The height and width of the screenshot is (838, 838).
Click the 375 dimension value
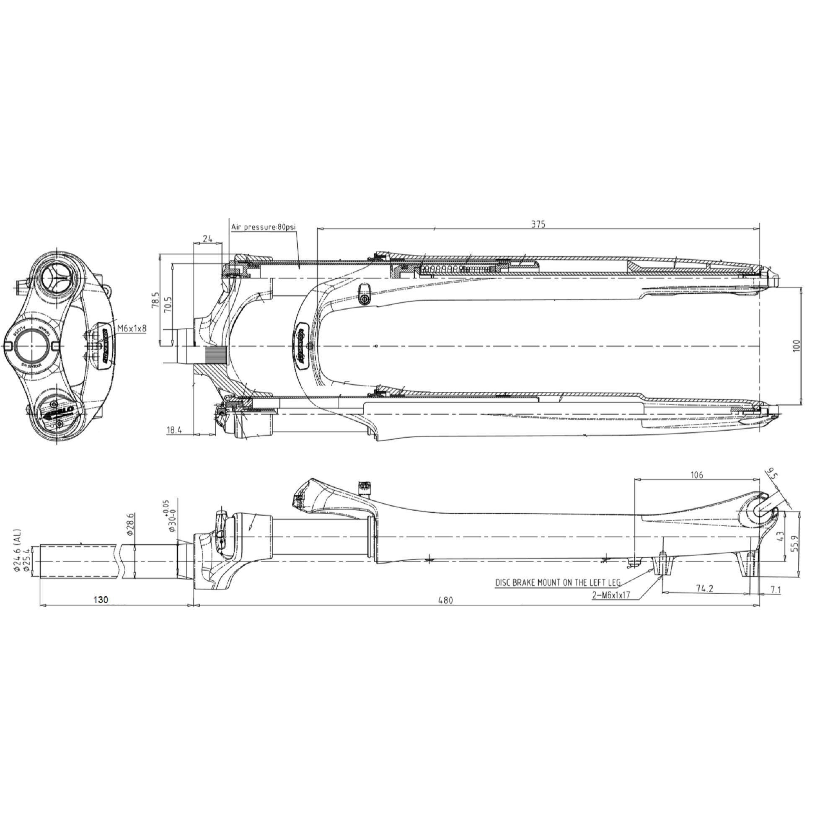click(538, 224)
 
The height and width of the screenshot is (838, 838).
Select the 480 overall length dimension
click(445, 600)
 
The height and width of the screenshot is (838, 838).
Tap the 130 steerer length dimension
click(100, 600)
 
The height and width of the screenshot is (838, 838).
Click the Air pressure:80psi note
click(263, 227)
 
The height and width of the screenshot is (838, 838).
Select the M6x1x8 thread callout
click(132, 328)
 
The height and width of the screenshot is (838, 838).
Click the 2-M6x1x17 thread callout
click(611, 595)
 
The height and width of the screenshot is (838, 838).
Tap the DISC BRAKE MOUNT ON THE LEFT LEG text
click(558, 582)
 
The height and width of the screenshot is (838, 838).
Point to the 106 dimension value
click(697, 475)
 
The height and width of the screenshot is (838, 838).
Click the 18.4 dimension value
click(174, 430)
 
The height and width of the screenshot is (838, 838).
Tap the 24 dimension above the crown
click(208, 238)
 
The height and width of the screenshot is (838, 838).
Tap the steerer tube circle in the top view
click(29, 346)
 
